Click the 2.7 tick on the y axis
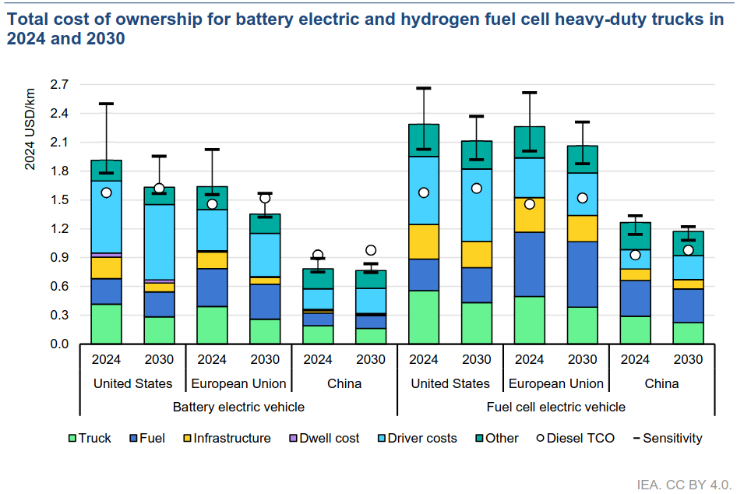59,84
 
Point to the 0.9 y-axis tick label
59,258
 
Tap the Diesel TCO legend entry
573,439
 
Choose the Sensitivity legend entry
668,439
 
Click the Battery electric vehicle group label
238,407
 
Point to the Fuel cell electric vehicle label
555,407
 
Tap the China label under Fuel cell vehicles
661,383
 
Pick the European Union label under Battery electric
238,383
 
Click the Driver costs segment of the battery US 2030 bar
159,242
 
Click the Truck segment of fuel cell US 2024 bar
424,317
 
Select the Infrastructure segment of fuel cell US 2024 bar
424,242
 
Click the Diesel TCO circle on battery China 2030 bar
371,250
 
